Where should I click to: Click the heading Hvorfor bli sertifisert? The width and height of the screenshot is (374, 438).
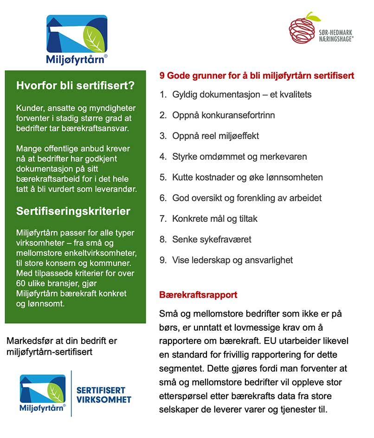pos(75,86)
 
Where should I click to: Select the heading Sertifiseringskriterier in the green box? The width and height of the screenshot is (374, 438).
pos(73,211)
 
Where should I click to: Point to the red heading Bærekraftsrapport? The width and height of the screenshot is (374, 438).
pos(198,295)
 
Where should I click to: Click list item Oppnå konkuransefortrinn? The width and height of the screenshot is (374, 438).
pos(224,115)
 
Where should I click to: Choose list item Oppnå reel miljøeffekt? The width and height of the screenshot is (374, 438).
pos(215,136)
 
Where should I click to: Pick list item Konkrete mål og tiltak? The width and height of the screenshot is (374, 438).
pos(215,219)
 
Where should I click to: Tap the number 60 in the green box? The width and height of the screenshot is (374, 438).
pos(21,283)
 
